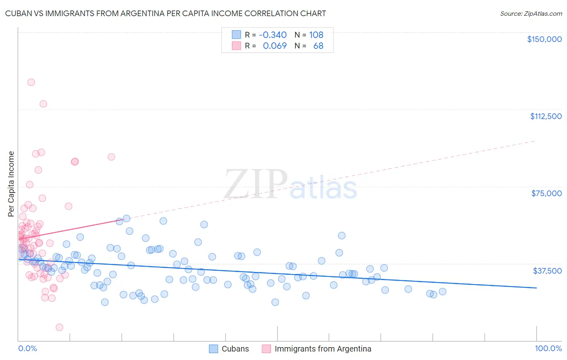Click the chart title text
click(165, 13)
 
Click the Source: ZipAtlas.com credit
click(531, 13)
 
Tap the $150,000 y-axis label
click(544, 39)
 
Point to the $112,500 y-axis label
click(546, 116)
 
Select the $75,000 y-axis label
click(546, 193)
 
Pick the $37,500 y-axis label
click(547, 271)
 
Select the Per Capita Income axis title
click(11, 184)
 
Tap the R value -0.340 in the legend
click(273, 35)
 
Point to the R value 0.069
click(275, 46)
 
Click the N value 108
click(316, 35)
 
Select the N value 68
click(318, 46)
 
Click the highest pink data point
click(31, 82)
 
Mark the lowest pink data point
click(59, 327)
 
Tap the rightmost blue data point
click(442, 291)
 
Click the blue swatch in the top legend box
click(236, 35)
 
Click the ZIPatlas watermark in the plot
click(290, 185)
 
